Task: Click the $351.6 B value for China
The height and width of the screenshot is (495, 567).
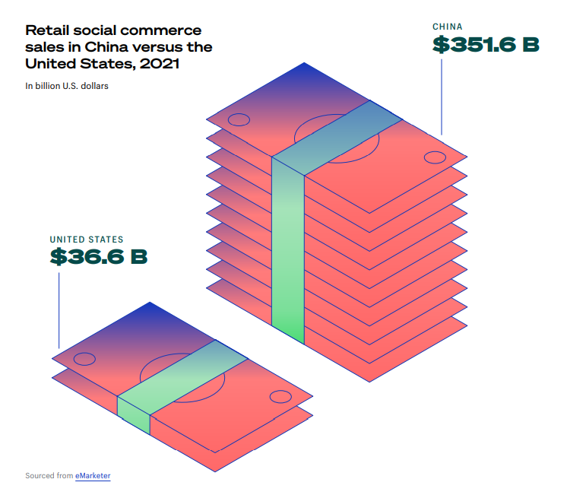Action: tap(486, 45)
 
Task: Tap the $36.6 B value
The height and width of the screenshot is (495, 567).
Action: tap(99, 256)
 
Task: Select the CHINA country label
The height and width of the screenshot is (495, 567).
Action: tap(448, 27)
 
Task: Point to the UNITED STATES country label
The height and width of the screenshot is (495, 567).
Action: tap(87, 240)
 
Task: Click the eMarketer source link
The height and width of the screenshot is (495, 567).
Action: tap(93, 476)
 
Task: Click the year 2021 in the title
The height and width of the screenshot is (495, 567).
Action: tap(160, 64)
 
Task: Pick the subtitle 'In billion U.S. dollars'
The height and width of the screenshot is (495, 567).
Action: tap(67, 86)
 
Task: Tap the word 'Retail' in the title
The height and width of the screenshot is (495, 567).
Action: tap(47, 30)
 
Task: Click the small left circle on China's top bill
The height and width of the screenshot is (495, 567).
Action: tap(239, 119)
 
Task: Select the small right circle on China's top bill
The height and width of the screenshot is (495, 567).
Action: tap(435, 157)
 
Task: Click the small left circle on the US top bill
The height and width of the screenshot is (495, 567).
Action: tap(84, 359)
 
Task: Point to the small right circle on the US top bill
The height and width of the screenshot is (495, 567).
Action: tap(280, 397)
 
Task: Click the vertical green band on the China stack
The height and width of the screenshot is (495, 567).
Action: tap(288, 250)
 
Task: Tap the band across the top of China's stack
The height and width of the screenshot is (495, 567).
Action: tap(337, 138)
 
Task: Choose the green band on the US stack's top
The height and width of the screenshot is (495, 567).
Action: tap(182, 377)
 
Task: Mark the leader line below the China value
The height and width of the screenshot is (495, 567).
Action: tap(442, 97)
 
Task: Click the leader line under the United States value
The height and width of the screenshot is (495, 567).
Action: tap(59, 310)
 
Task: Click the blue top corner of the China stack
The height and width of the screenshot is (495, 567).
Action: tap(304, 63)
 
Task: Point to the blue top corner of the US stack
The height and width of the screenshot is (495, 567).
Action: tap(150, 303)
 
